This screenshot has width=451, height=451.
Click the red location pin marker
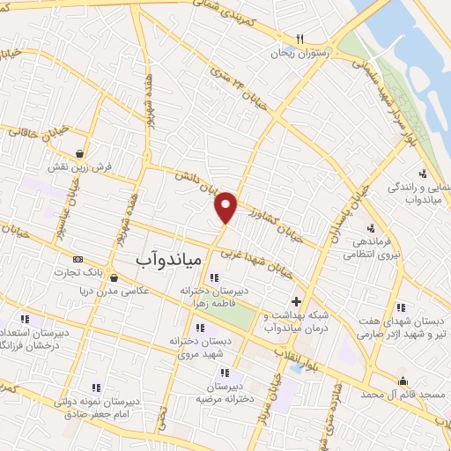[226, 206]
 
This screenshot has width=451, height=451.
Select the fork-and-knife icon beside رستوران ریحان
[299, 39]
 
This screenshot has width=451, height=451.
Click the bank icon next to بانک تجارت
[78, 261]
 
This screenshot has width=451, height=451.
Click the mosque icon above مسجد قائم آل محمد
[403, 381]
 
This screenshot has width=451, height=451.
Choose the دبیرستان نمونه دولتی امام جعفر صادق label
[96, 405]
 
